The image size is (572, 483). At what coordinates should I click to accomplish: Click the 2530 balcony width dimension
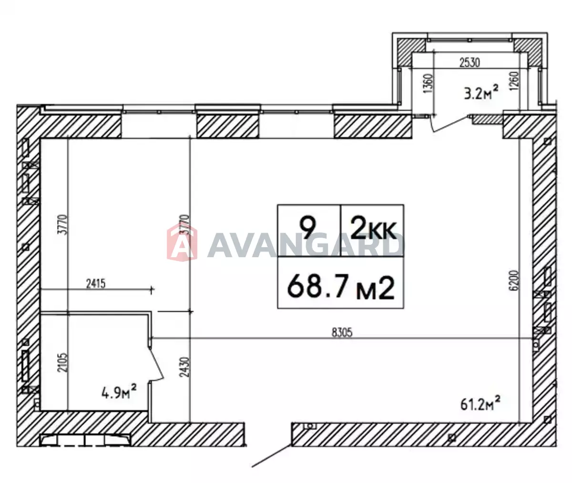point(470,63)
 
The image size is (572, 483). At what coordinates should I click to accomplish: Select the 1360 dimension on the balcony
point(428,83)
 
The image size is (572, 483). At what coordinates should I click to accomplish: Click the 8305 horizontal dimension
point(342,332)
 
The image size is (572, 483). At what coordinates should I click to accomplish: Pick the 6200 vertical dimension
point(515,280)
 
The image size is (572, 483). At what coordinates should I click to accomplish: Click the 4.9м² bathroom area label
point(119,394)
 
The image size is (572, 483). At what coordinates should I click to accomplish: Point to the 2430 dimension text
point(185,367)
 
